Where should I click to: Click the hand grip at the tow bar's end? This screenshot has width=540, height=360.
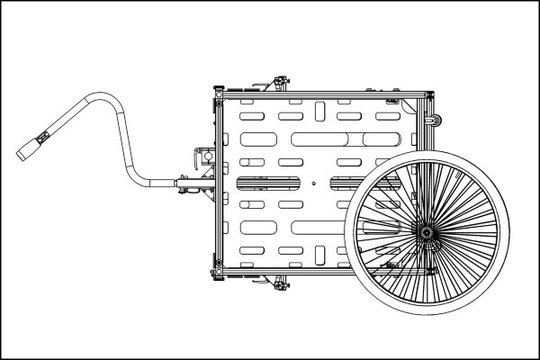[32, 145]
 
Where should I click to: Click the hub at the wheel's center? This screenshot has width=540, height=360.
[426, 232]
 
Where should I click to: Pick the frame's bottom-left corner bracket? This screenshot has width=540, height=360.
[217, 272]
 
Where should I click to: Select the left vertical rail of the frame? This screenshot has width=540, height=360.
[217, 180]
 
